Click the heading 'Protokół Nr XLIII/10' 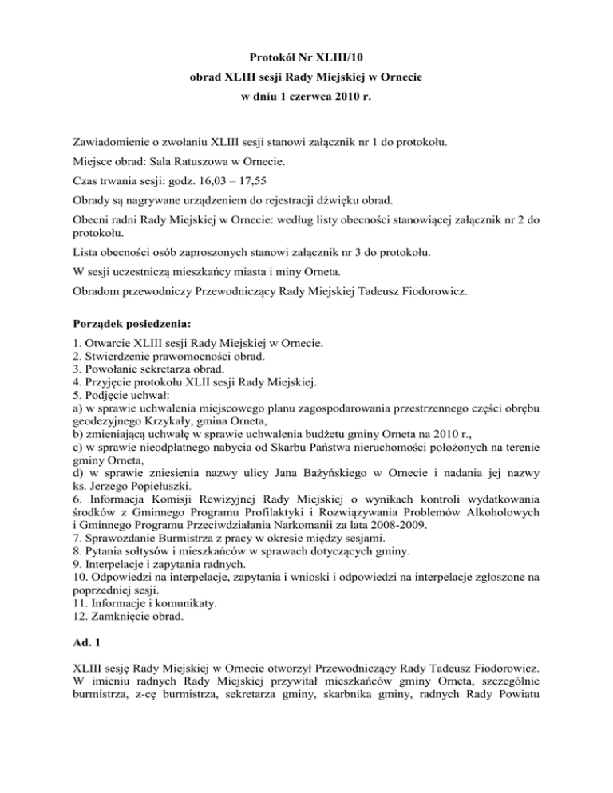coord(306,58)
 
